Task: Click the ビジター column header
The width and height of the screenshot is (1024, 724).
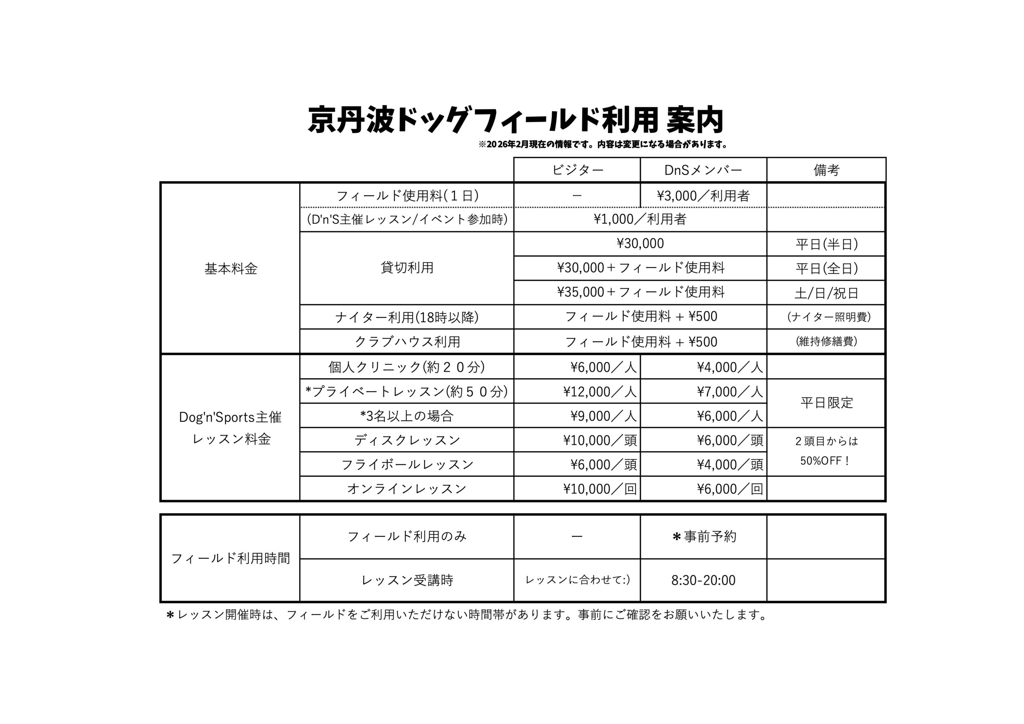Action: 577,170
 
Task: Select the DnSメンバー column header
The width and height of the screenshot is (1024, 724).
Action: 703,170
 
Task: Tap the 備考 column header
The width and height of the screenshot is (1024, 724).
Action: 826,170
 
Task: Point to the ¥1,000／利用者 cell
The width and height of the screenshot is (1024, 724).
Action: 640,220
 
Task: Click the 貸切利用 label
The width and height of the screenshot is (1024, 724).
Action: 407,268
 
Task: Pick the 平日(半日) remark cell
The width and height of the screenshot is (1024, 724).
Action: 826,244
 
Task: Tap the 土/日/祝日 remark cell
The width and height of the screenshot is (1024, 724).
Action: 826,293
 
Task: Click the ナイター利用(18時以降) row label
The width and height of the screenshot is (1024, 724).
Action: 407,317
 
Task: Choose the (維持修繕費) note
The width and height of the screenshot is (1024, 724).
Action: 826,341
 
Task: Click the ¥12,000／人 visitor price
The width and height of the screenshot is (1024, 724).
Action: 600,392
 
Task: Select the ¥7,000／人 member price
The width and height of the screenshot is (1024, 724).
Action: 730,392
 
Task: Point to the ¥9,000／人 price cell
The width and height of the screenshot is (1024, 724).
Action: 603,416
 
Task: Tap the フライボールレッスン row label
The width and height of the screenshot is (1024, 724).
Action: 407,465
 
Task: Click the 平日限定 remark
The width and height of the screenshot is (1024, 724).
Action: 826,403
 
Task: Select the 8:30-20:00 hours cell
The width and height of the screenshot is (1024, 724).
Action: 703,580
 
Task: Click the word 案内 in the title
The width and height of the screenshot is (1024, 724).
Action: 694,120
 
